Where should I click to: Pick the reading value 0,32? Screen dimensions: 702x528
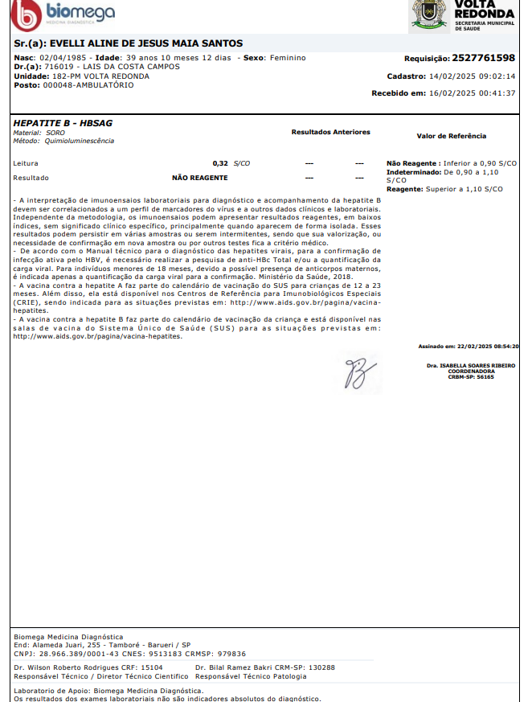[220, 163]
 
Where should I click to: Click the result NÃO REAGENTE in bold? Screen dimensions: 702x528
[200, 178]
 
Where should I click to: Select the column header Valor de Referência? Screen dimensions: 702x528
[451, 136]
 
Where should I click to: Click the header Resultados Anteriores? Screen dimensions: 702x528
[330, 132]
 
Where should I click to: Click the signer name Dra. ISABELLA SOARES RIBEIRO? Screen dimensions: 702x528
[472, 365]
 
